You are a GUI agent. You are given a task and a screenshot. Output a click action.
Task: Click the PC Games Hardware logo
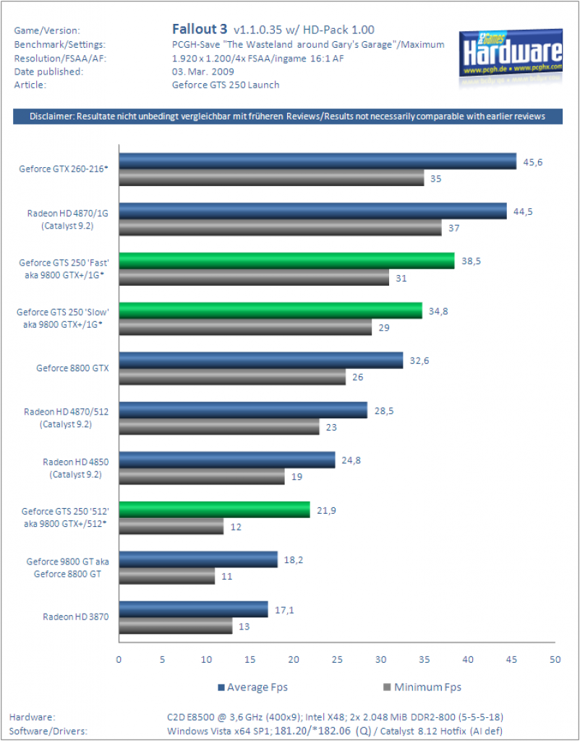click(511, 55)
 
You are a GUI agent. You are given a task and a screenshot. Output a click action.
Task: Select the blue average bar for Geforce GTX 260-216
click(317, 161)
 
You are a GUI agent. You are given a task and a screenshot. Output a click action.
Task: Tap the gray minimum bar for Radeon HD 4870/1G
click(280, 227)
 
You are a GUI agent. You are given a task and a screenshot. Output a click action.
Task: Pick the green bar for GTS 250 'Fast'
click(286, 261)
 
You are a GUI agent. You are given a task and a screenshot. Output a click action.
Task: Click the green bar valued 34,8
click(270, 310)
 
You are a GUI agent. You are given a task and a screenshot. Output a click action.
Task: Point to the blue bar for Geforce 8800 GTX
click(261, 360)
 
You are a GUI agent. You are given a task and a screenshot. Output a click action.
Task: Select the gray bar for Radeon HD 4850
click(202, 476)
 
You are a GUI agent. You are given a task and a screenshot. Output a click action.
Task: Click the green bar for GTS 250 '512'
click(215, 509)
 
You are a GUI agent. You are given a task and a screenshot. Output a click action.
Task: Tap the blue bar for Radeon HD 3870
click(194, 609)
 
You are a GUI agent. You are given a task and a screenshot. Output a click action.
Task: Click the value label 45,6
click(533, 162)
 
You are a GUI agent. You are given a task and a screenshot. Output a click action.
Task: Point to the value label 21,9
click(326, 510)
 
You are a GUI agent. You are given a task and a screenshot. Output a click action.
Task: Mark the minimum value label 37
click(454, 228)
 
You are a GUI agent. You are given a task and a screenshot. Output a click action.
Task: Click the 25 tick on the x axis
click(337, 659)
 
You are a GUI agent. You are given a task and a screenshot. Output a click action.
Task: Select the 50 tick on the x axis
click(555, 659)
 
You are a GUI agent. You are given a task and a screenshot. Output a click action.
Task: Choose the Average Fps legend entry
click(252, 687)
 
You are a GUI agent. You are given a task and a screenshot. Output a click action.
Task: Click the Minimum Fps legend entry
click(422, 687)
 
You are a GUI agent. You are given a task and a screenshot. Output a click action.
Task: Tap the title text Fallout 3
click(200, 29)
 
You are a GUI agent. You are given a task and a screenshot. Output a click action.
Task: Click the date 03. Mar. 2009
click(203, 72)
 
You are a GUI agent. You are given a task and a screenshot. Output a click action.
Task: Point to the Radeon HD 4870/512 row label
click(66, 418)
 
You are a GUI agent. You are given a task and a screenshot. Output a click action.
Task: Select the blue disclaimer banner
click(288, 117)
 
